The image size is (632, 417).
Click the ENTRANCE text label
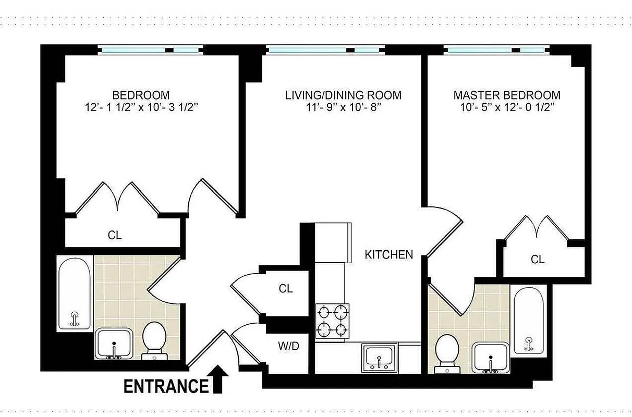[x=165, y=386]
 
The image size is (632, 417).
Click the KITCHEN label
[x=388, y=255]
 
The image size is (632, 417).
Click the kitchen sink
[x=380, y=357]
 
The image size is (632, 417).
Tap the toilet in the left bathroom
[x=154, y=339]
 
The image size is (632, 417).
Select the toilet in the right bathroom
[x=446, y=352]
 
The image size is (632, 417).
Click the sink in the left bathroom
[x=114, y=344]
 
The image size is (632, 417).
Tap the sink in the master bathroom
[x=491, y=357]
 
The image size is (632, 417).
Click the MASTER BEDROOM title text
[x=507, y=95]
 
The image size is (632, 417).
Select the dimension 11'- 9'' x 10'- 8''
[x=344, y=108]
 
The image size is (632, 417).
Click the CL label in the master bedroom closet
[x=538, y=259]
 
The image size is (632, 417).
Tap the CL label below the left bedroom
[x=115, y=235]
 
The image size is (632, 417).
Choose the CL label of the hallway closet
[x=286, y=289]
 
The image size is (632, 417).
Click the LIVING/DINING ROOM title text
[x=343, y=95]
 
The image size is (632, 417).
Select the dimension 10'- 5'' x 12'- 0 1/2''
[x=507, y=108]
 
